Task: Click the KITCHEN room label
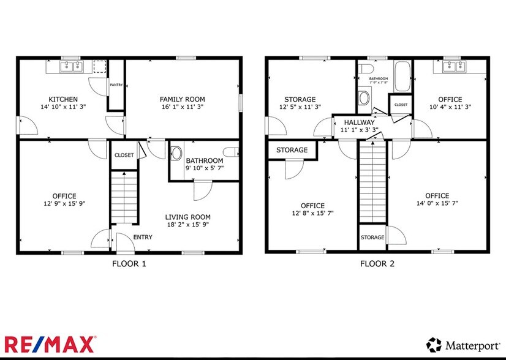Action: click(63, 99)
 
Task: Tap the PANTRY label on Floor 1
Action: click(116, 85)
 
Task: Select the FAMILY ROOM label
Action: click(182, 99)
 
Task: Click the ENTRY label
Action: click(143, 237)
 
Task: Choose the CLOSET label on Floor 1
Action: click(124, 156)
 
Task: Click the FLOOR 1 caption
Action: click(129, 264)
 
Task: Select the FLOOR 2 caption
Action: click(377, 264)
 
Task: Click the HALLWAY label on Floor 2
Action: click(358, 122)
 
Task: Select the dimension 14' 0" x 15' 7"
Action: click(437, 204)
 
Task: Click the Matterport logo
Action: click(461, 344)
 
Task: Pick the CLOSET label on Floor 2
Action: click(401, 105)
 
